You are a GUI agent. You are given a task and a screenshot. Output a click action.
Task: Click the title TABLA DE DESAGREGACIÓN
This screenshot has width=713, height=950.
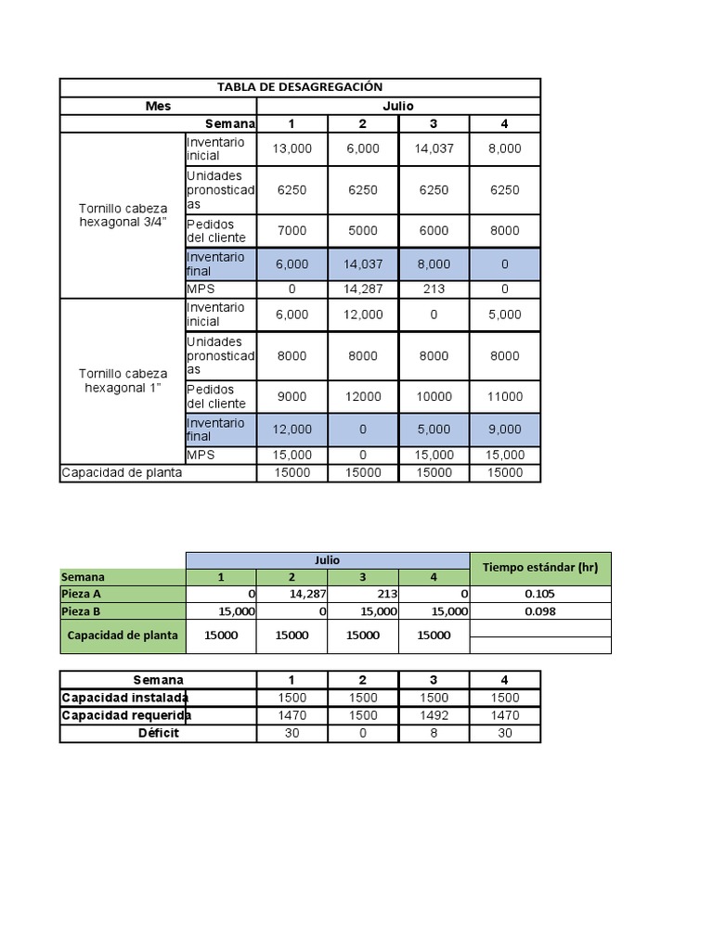click(x=300, y=87)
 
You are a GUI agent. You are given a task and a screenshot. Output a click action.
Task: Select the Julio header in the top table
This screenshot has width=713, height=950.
click(x=397, y=106)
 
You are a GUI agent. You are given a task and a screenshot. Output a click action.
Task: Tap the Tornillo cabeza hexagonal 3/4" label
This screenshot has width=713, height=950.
click(x=123, y=215)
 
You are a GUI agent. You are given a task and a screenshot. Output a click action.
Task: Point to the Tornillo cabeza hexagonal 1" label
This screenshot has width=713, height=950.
click(x=123, y=380)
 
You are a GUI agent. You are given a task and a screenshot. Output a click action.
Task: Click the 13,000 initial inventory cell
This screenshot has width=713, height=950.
click(x=292, y=148)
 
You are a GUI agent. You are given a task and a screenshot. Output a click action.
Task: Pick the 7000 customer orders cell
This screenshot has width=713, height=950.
click(x=292, y=230)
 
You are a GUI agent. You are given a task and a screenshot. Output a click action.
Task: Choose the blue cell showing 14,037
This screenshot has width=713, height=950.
click(x=362, y=264)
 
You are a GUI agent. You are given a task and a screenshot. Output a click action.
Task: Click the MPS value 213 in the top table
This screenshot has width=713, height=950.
click(x=434, y=289)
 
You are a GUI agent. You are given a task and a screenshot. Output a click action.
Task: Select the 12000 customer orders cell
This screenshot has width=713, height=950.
click(x=362, y=396)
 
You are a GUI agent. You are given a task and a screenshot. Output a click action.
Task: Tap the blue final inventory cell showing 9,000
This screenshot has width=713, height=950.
click(x=504, y=430)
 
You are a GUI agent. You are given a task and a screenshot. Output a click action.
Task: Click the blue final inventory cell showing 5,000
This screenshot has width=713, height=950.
click(x=434, y=430)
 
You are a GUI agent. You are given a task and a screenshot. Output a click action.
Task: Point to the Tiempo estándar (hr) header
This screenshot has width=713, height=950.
click(x=540, y=568)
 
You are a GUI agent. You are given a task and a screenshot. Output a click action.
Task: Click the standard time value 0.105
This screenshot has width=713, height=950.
click(x=540, y=594)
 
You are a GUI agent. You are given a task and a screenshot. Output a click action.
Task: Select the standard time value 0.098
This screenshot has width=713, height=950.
click(x=540, y=611)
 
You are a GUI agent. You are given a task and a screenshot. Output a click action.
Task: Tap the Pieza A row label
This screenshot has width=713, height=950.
click(x=82, y=594)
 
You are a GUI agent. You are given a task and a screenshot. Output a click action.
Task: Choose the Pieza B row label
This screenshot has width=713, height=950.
click(x=82, y=611)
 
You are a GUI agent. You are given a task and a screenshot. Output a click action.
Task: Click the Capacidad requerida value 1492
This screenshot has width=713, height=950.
click(x=434, y=715)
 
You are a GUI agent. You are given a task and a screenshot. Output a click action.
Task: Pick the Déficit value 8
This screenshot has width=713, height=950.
click(x=434, y=733)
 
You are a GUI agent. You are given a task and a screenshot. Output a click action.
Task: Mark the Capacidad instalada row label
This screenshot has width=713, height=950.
click(x=125, y=698)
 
